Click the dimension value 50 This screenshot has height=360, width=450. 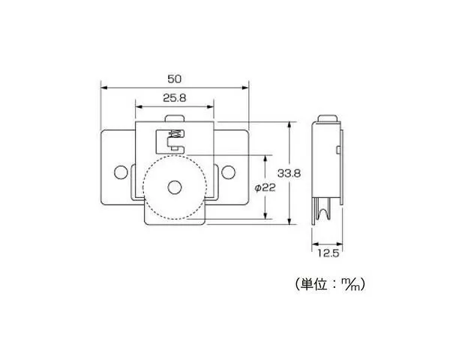(x=175, y=79)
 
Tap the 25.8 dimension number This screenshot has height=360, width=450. (x=175, y=98)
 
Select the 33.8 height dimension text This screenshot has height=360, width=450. (x=289, y=173)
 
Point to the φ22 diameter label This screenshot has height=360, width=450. (x=265, y=187)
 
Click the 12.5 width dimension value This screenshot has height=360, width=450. (x=328, y=253)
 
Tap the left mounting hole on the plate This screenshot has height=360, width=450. (x=121, y=172)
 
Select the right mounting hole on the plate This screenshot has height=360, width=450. (x=229, y=172)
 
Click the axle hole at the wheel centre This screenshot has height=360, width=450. (x=175, y=187)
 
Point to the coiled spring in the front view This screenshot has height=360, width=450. (x=175, y=133)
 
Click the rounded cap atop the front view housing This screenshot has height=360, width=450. (x=175, y=118)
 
